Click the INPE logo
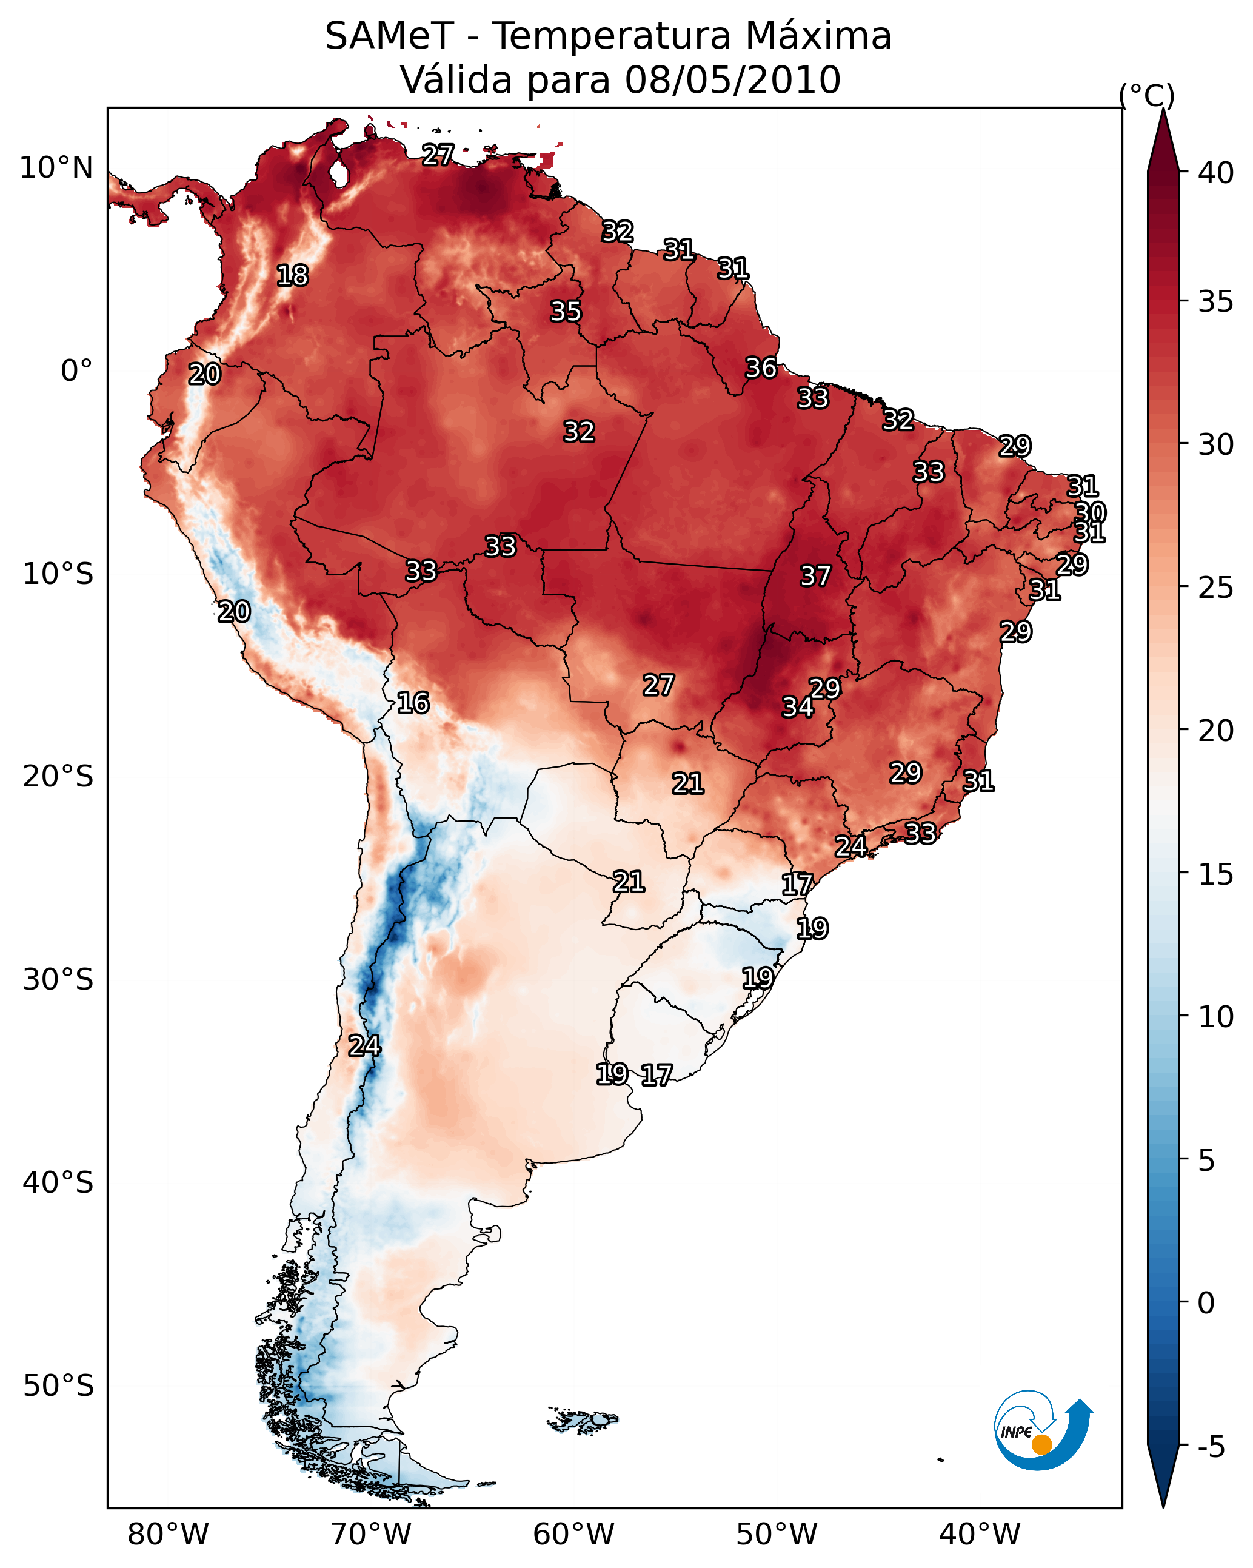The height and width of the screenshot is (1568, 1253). click(x=1042, y=1430)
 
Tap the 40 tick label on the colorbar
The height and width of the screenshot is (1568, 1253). click(x=1216, y=173)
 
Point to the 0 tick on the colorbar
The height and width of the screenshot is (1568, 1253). click(x=1206, y=1303)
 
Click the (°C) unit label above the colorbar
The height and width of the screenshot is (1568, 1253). click(x=1147, y=95)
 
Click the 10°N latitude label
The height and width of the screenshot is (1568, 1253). click(x=56, y=168)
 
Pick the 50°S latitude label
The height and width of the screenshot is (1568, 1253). click(x=58, y=1385)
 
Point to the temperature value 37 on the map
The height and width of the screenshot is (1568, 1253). click(x=815, y=576)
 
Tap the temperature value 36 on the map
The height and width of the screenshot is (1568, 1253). click(x=761, y=368)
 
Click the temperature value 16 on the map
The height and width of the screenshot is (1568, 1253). click(x=413, y=703)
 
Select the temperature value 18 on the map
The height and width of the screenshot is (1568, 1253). click(x=292, y=276)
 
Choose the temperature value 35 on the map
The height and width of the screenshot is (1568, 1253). click(x=566, y=311)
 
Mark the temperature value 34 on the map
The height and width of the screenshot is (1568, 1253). click(x=798, y=707)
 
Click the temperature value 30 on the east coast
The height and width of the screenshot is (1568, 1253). click(x=1090, y=513)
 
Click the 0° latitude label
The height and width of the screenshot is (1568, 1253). click(x=76, y=371)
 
